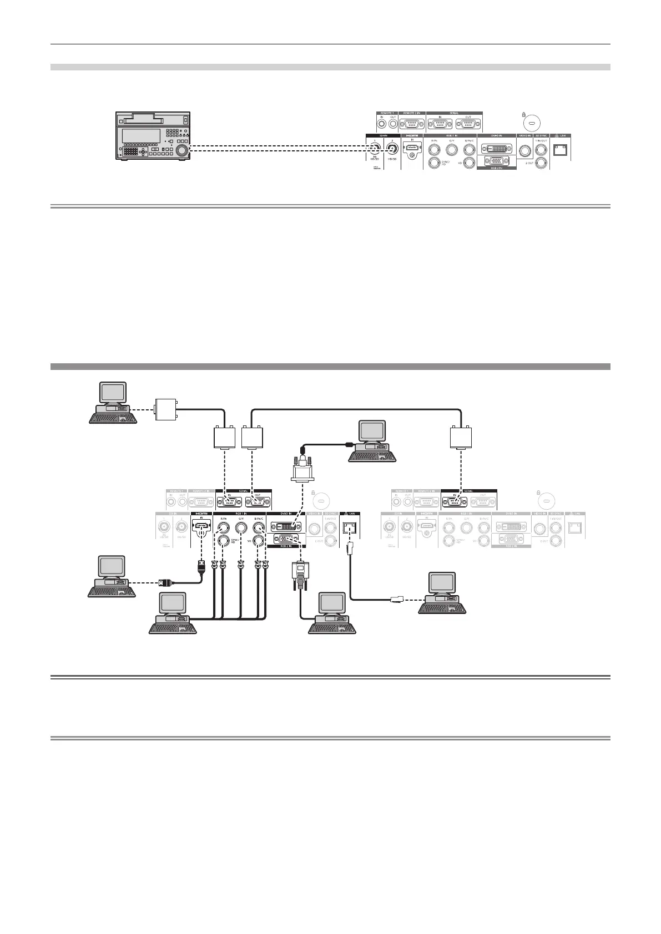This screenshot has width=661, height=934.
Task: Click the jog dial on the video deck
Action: tap(181, 150)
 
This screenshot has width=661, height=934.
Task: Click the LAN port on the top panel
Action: tap(563, 149)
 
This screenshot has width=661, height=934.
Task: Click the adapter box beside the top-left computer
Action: tap(165, 409)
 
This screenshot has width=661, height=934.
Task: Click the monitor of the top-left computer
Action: tap(111, 393)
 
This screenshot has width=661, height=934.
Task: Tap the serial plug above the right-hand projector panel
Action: tap(460, 438)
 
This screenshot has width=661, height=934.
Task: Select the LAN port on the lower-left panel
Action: tap(350, 527)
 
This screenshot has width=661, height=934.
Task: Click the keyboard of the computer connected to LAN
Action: tap(443, 608)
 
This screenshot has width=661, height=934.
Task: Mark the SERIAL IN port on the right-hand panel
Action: tap(455, 501)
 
